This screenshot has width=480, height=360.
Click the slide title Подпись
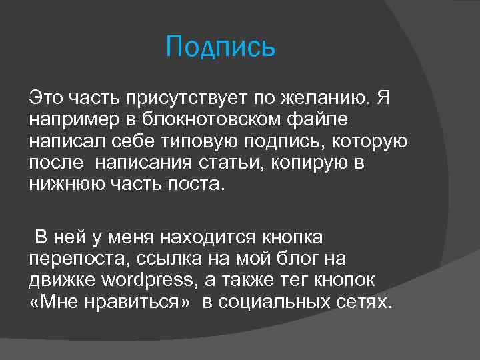click(220, 47)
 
